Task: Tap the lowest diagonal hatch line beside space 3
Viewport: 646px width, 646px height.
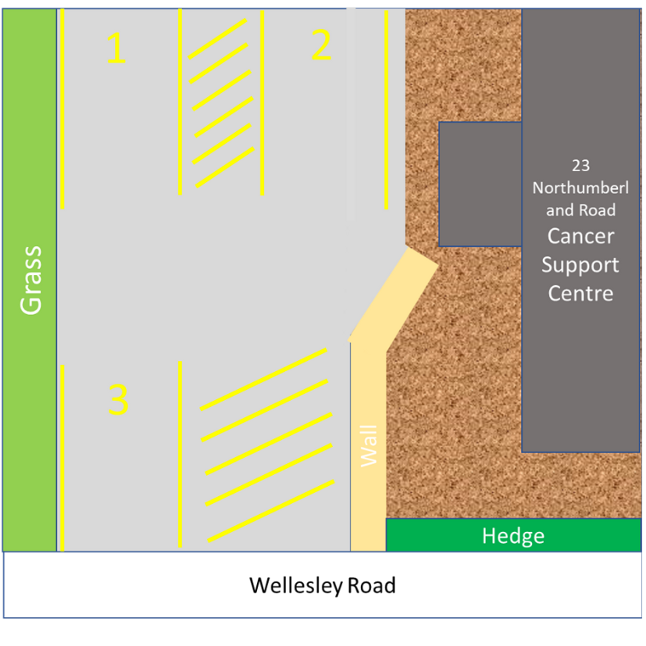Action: [271, 511]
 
